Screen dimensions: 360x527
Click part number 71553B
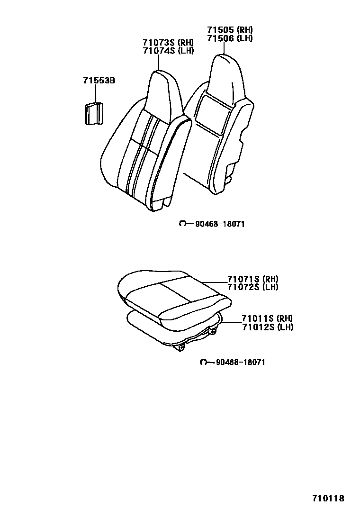point(96,81)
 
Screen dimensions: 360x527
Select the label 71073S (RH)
point(168,43)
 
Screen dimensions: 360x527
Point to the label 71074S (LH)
point(168,51)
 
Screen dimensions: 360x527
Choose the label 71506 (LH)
point(230,38)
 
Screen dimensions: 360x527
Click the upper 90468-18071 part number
point(219,224)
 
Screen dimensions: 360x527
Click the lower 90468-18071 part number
point(240,362)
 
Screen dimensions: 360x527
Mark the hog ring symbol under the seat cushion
point(204,362)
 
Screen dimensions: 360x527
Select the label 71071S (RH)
point(252,279)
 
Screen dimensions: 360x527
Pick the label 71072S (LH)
point(252,287)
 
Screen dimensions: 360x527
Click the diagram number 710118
point(328,498)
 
